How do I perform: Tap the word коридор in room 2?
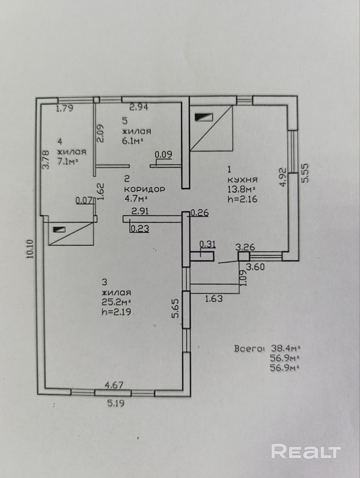click(144, 189)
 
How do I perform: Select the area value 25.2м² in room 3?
click(116, 302)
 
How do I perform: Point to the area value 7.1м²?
click(67, 161)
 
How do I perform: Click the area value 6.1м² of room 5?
click(133, 140)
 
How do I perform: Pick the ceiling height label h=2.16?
click(242, 199)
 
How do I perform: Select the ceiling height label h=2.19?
click(116, 312)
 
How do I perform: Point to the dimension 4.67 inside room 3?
click(113, 385)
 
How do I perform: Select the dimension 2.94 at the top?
click(139, 108)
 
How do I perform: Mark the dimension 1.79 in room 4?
click(64, 109)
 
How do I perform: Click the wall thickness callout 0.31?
click(208, 245)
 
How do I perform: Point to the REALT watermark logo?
click(306, 451)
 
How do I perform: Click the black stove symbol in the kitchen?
click(204, 117)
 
